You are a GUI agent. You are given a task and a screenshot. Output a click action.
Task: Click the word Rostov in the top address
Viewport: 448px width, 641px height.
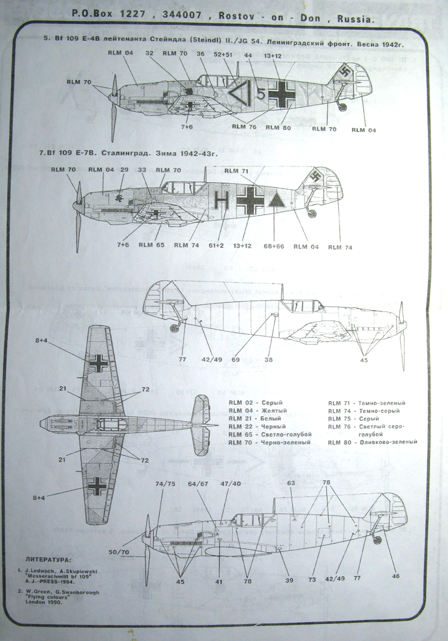pos(255,19)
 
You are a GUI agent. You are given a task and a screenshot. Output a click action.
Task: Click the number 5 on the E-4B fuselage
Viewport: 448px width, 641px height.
pos(260,94)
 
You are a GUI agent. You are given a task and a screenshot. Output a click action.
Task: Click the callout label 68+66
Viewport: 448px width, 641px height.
pos(273,246)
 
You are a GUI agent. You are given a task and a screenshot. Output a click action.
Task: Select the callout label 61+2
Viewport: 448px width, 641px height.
pos(217,245)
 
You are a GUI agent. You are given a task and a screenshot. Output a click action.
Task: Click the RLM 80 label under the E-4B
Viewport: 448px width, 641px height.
pos(277,127)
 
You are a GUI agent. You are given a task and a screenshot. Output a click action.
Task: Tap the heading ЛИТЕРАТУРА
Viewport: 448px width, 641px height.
pos(49,559)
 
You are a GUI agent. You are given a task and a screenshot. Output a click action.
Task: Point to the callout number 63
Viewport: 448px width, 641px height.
pos(291,483)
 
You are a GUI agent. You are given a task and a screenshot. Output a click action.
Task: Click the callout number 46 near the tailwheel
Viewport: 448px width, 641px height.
pos(396,576)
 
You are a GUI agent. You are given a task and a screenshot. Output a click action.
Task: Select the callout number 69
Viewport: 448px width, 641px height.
pos(236,359)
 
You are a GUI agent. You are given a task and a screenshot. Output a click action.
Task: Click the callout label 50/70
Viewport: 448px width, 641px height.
pos(118,552)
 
